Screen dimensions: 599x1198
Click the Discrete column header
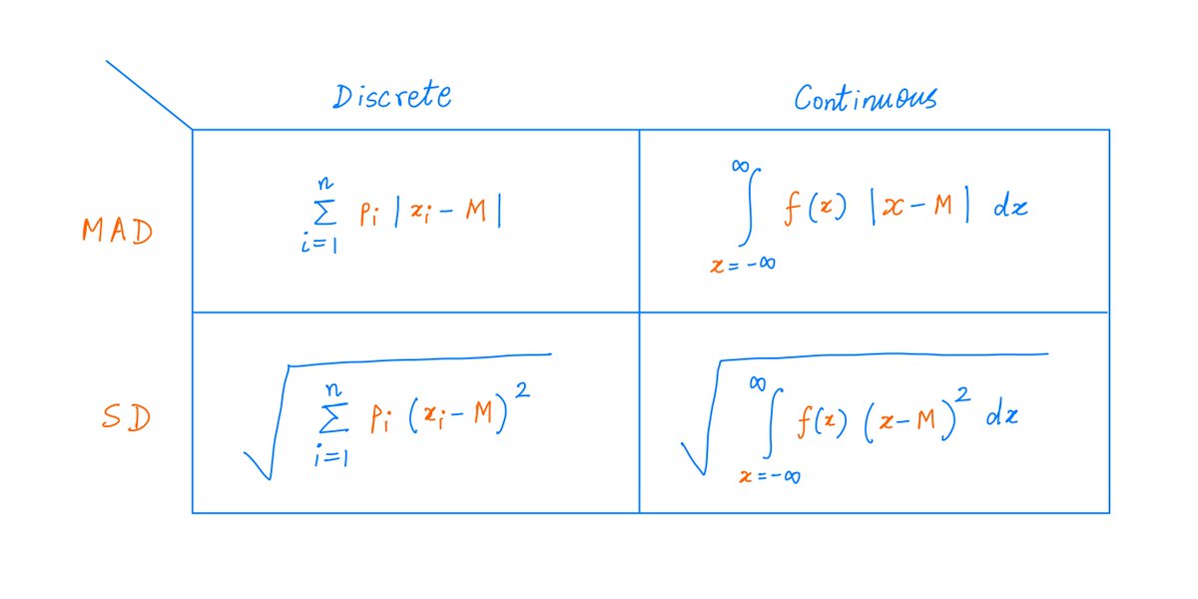[392, 96]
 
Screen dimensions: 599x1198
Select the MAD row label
[118, 231]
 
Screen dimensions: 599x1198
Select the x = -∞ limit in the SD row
[769, 475]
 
